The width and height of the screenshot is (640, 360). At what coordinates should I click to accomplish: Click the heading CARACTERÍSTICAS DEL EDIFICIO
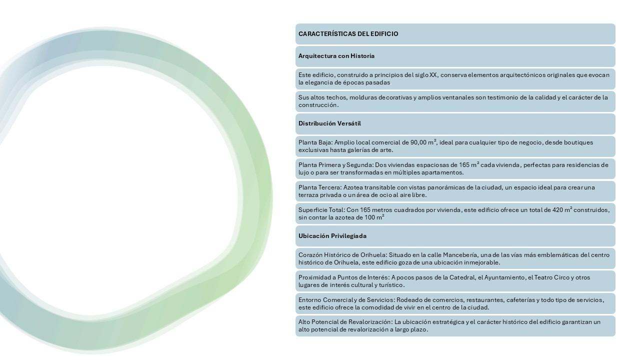348,34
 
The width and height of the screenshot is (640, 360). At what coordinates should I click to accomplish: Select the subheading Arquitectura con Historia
336,56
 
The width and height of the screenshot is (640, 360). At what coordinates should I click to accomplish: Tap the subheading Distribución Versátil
329,123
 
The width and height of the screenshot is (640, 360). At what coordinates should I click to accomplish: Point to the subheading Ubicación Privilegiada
332,236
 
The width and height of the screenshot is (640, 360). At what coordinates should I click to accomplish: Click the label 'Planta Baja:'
315,142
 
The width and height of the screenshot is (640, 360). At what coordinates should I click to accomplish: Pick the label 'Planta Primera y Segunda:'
335,165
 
